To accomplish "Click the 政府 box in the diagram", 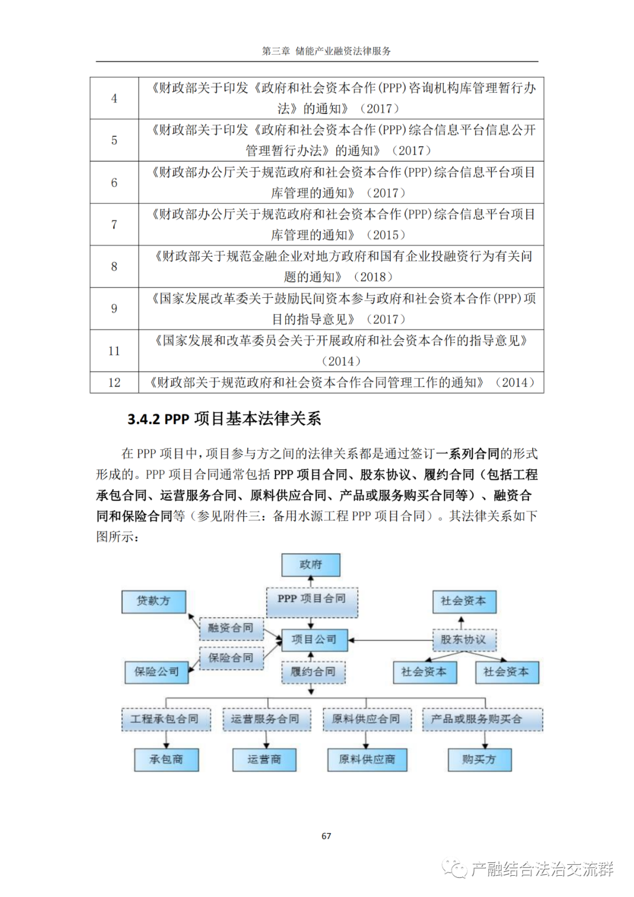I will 311,565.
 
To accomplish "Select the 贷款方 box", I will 153,601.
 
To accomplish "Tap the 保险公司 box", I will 156,671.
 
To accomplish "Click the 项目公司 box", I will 314,639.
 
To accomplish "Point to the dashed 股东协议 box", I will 463,640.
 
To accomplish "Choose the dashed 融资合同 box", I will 231,629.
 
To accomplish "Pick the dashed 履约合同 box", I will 313,671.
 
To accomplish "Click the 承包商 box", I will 166,760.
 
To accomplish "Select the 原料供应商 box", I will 367,760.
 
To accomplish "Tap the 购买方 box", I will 479,760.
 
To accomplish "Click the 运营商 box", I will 264,760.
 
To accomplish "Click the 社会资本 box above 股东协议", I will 464,601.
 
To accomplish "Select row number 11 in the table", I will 114,351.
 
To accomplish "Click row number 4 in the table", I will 114,99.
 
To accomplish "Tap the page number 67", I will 326,836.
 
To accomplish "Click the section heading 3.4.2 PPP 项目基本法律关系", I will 224,419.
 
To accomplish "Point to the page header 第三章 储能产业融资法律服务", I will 326,51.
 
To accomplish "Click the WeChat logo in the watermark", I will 454,868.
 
